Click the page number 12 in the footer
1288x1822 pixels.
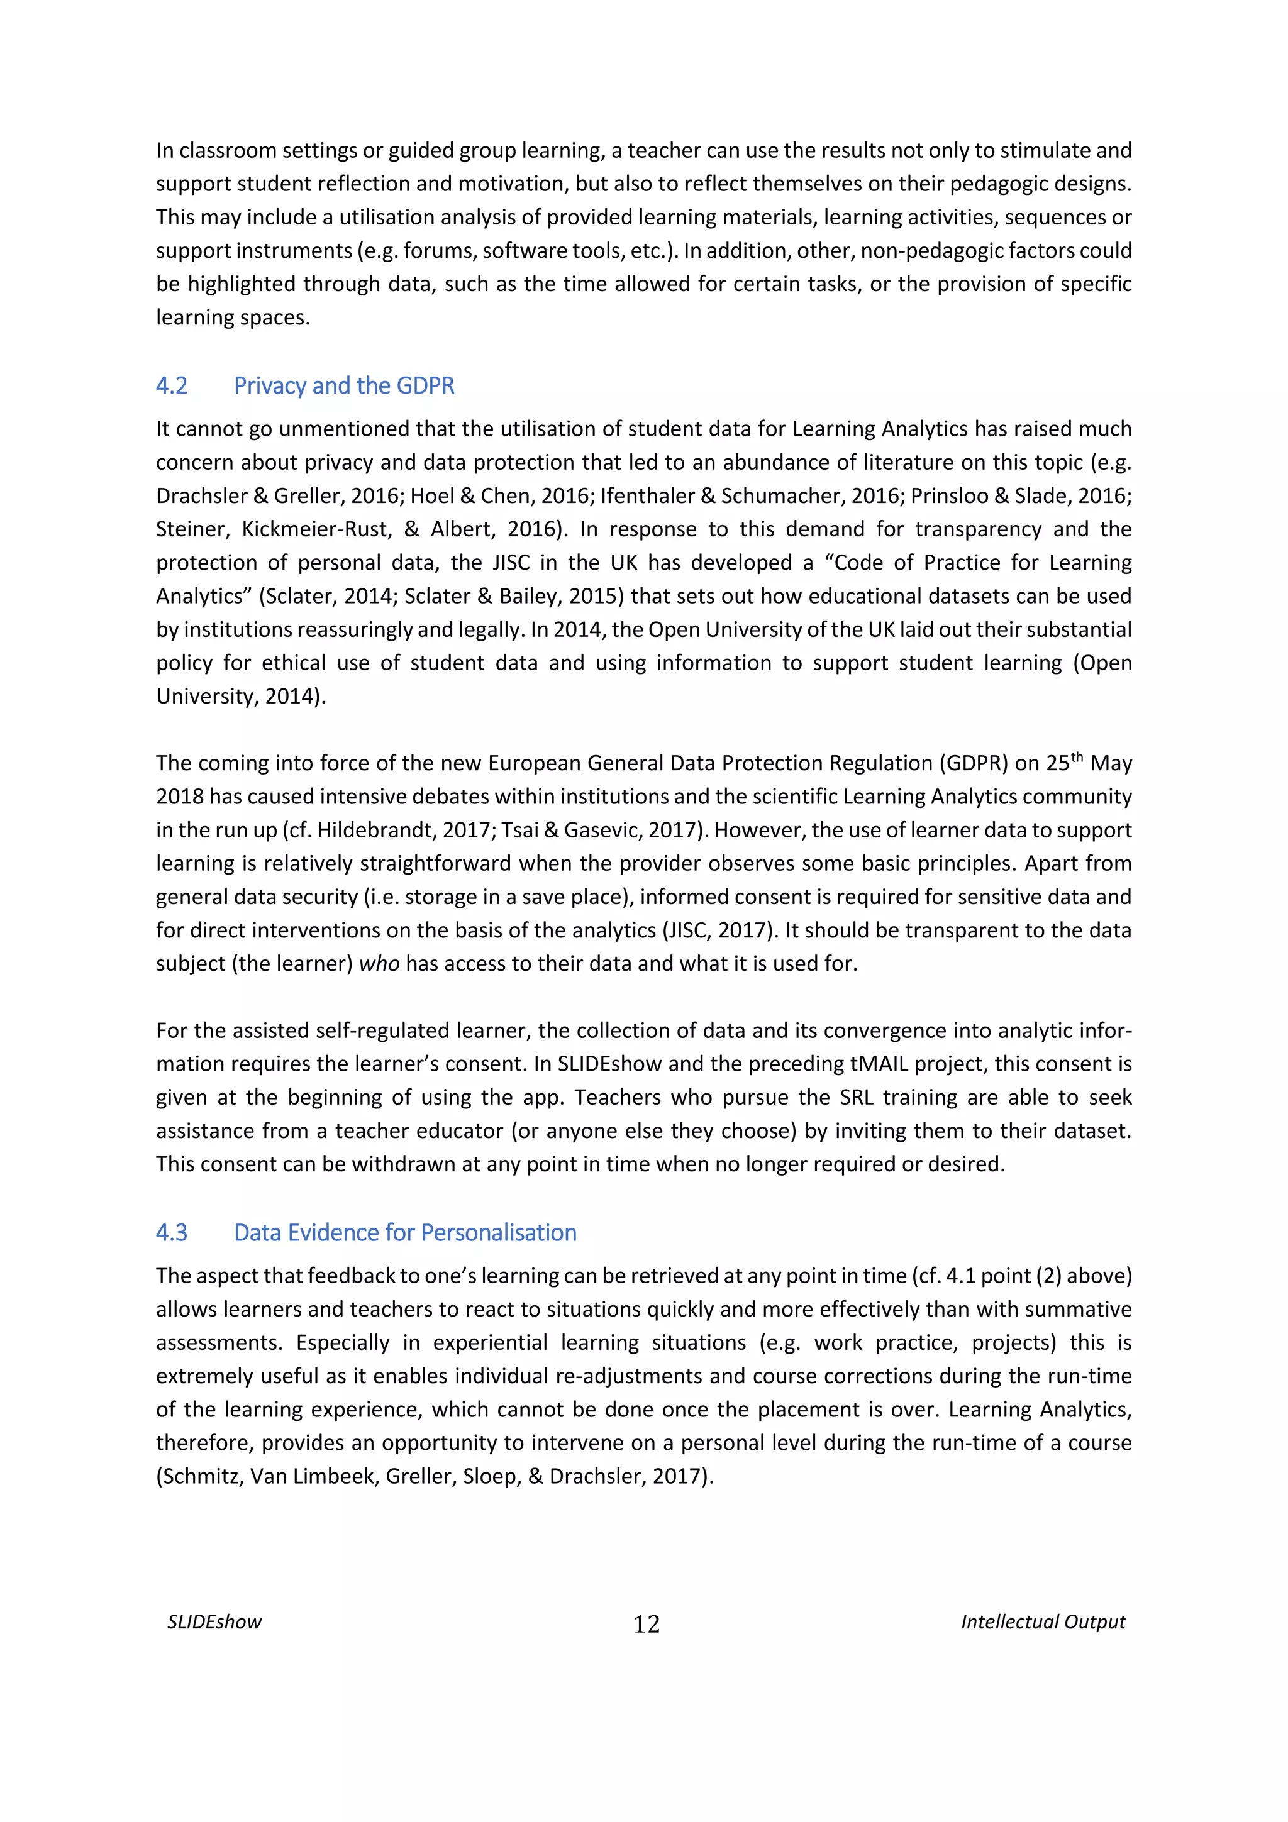pyautogui.click(x=646, y=1625)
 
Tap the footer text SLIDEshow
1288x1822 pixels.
pyautogui.click(x=214, y=1622)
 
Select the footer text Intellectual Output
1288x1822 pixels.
pyautogui.click(x=1043, y=1622)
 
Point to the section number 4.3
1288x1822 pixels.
pyautogui.click(x=172, y=1232)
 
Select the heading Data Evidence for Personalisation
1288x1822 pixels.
pyautogui.click(x=405, y=1232)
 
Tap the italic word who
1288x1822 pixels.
pyautogui.click(x=379, y=963)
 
